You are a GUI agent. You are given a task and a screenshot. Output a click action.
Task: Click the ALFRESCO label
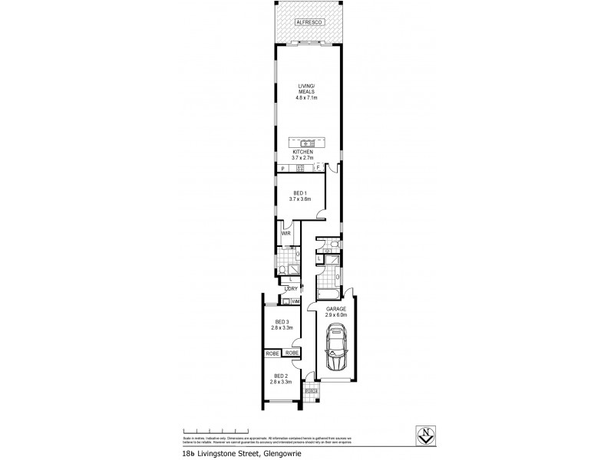click(307, 25)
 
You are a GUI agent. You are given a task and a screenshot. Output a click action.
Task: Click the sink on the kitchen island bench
click(307, 143)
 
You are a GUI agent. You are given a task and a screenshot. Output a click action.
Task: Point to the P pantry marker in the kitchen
click(283, 169)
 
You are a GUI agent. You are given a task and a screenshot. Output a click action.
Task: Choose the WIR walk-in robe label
click(285, 233)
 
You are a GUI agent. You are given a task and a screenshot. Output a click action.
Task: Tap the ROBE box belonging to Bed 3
click(291, 353)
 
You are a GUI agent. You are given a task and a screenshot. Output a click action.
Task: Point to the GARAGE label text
click(335, 310)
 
